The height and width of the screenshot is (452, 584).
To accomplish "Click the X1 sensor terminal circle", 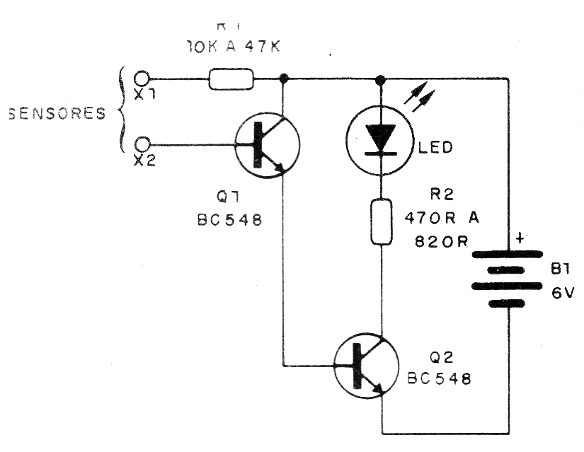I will point(142,78).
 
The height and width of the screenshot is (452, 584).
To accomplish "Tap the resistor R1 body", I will point(231,79).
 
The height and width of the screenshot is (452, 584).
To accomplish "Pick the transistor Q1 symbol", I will point(267,145).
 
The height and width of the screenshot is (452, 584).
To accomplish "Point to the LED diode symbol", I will point(381,139).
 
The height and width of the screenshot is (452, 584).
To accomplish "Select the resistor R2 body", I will point(382,222).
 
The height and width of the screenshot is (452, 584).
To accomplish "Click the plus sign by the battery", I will point(520,239).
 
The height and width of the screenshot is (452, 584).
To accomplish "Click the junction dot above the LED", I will point(382,79).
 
